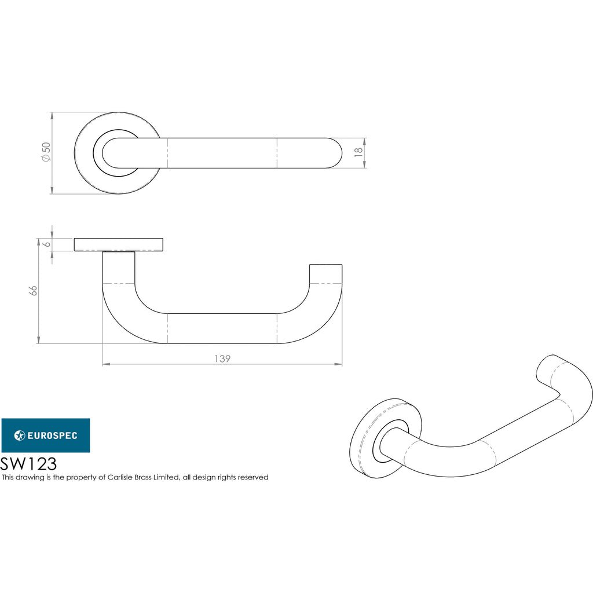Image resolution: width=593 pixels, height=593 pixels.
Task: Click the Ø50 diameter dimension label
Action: tap(46, 152)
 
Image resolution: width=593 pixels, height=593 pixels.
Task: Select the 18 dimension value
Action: tap(358, 152)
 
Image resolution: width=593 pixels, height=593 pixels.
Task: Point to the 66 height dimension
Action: tap(33, 291)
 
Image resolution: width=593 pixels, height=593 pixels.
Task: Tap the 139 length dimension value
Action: tap(222, 358)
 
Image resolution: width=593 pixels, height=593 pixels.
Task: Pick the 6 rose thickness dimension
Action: tap(47, 244)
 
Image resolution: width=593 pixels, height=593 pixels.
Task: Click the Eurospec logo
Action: tap(46, 435)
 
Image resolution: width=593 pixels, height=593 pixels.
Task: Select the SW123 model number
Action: tap(28, 464)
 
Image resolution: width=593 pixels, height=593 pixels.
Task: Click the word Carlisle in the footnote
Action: tap(119, 477)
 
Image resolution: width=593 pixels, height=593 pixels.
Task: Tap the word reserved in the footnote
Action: tap(253, 477)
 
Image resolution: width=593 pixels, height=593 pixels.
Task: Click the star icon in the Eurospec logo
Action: tap(19, 435)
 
